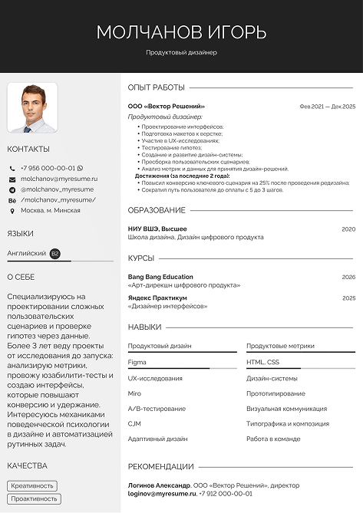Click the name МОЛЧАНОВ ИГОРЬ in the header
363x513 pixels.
tap(181, 31)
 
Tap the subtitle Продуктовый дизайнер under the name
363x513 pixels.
tap(181, 53)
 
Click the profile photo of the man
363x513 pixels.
tap(32, 108)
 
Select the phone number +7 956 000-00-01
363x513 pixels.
tap(48, 168)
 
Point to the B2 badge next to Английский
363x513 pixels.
tap(54, 252)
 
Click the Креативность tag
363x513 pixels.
tap(32, 485)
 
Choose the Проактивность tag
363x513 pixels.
tap(34, 499)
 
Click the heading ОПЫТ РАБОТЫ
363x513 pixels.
tap(157, 87)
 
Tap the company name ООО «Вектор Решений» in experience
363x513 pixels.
tap(166, 106)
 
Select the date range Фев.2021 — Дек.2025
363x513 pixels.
tap(327, 107)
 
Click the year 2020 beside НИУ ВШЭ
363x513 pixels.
tap(348, 229)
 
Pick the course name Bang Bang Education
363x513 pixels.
tap(160, 277)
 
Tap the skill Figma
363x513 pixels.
tap(137, 361)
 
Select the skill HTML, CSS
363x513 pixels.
tap(262, 361)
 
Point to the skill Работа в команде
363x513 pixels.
tap(273, 439)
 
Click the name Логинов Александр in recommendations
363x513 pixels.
tap(159, 485)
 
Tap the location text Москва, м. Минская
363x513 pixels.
tap(51, 210)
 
